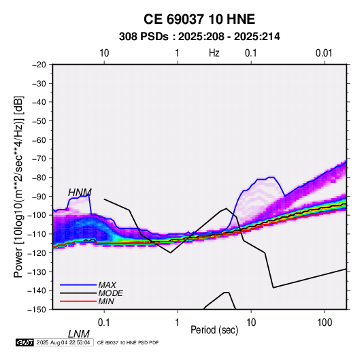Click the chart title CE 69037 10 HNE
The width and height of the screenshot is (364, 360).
coord(199,19)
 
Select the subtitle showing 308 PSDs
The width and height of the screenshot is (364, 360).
coord(199,37)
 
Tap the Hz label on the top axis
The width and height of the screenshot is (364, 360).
coord(214,53)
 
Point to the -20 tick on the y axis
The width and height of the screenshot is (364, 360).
coord(39,65)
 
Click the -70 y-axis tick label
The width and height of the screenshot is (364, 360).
coord(39,159)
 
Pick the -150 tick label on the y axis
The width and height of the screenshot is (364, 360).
coord(37,310)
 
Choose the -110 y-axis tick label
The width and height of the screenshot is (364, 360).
coord(37,234)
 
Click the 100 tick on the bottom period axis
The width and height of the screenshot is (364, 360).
coord(324,323)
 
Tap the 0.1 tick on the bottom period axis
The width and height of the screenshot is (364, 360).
coord(104,323)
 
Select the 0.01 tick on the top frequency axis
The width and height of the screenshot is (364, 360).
coord(324,53)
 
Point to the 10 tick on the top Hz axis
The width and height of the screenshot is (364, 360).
coord(104,53)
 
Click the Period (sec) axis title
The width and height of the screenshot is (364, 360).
coord(214,330)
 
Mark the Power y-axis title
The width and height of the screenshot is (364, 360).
coord(18,186)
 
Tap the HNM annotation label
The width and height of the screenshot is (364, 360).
coord(80,193)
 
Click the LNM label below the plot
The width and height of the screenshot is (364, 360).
coord(79,334)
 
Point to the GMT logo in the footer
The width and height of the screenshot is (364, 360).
coord(25,342)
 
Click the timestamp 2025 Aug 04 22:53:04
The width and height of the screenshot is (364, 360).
coord(63,342)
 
